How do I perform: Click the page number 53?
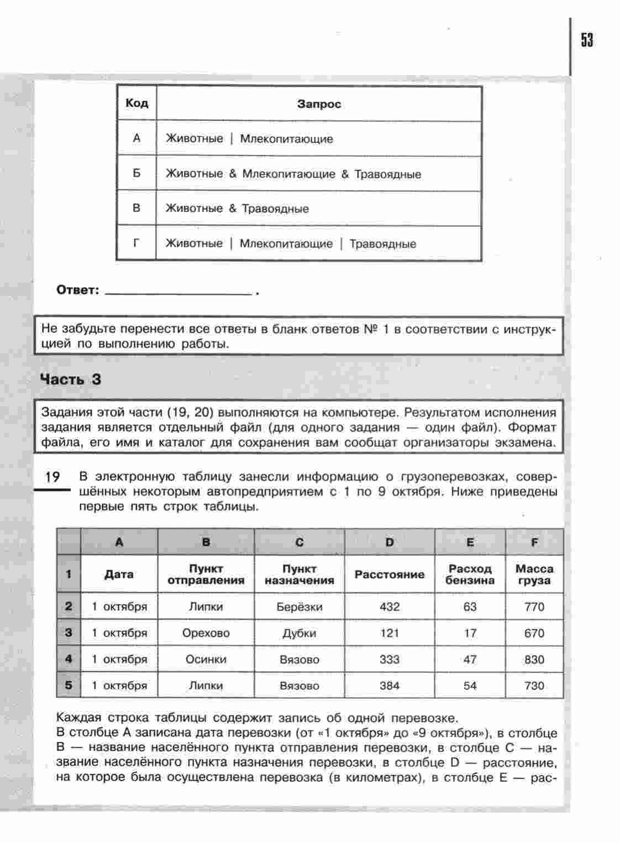(x=587, y=40)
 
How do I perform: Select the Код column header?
(x=136, y=103)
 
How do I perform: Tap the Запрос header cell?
(x=319, y=104)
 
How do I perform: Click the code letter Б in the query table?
(x=136, y=173)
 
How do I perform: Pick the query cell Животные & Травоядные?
(x=237, y=209)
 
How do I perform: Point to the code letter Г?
(x=136, y=243)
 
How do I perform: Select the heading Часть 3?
(x=71, y=379)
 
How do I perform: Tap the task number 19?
(x=52, y=477)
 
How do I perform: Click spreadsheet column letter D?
(x=390, y=542)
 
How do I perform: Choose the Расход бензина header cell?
(x=470, y=574)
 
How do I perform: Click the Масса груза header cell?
(x=534, y=574)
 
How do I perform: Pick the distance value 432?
(x=390, y=607)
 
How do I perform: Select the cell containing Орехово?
(x=206, y=633)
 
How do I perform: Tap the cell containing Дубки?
(x=299, y=633)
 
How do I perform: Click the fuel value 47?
(x=470, y=659)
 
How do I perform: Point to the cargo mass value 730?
(x=534, y=686)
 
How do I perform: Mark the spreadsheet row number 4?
(x=69, y=659)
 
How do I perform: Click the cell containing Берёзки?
(x=299, y=607)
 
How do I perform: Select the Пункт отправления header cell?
(x=206, y=574)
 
